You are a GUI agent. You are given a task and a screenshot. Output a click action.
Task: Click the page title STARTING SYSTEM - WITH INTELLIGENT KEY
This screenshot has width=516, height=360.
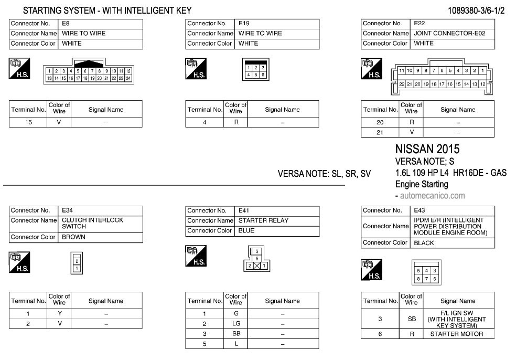coord(107,10)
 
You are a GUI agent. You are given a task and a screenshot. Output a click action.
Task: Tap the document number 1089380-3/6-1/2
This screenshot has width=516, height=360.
coord(476,10)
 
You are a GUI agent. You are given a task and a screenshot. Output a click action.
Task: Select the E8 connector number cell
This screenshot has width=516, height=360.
coord(100,24)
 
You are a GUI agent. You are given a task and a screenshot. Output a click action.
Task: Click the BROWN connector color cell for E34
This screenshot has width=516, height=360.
coord(100,237)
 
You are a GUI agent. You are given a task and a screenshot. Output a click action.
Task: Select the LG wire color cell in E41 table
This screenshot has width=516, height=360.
coord(236,324)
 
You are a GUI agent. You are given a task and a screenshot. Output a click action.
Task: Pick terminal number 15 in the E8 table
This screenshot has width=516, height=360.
coord(28,122)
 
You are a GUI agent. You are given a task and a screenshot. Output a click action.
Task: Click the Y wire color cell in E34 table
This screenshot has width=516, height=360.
coord(59,314)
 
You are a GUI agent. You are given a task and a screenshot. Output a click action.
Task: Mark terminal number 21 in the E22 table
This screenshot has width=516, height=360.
coord(380,133)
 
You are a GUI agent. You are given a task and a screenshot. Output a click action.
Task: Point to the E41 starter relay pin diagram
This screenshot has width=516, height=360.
coord(257,259)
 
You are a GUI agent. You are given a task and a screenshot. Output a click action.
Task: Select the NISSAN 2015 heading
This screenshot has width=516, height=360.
coord(427,150)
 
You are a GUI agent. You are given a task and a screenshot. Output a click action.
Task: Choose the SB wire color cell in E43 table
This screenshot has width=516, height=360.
coord(412,319)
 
